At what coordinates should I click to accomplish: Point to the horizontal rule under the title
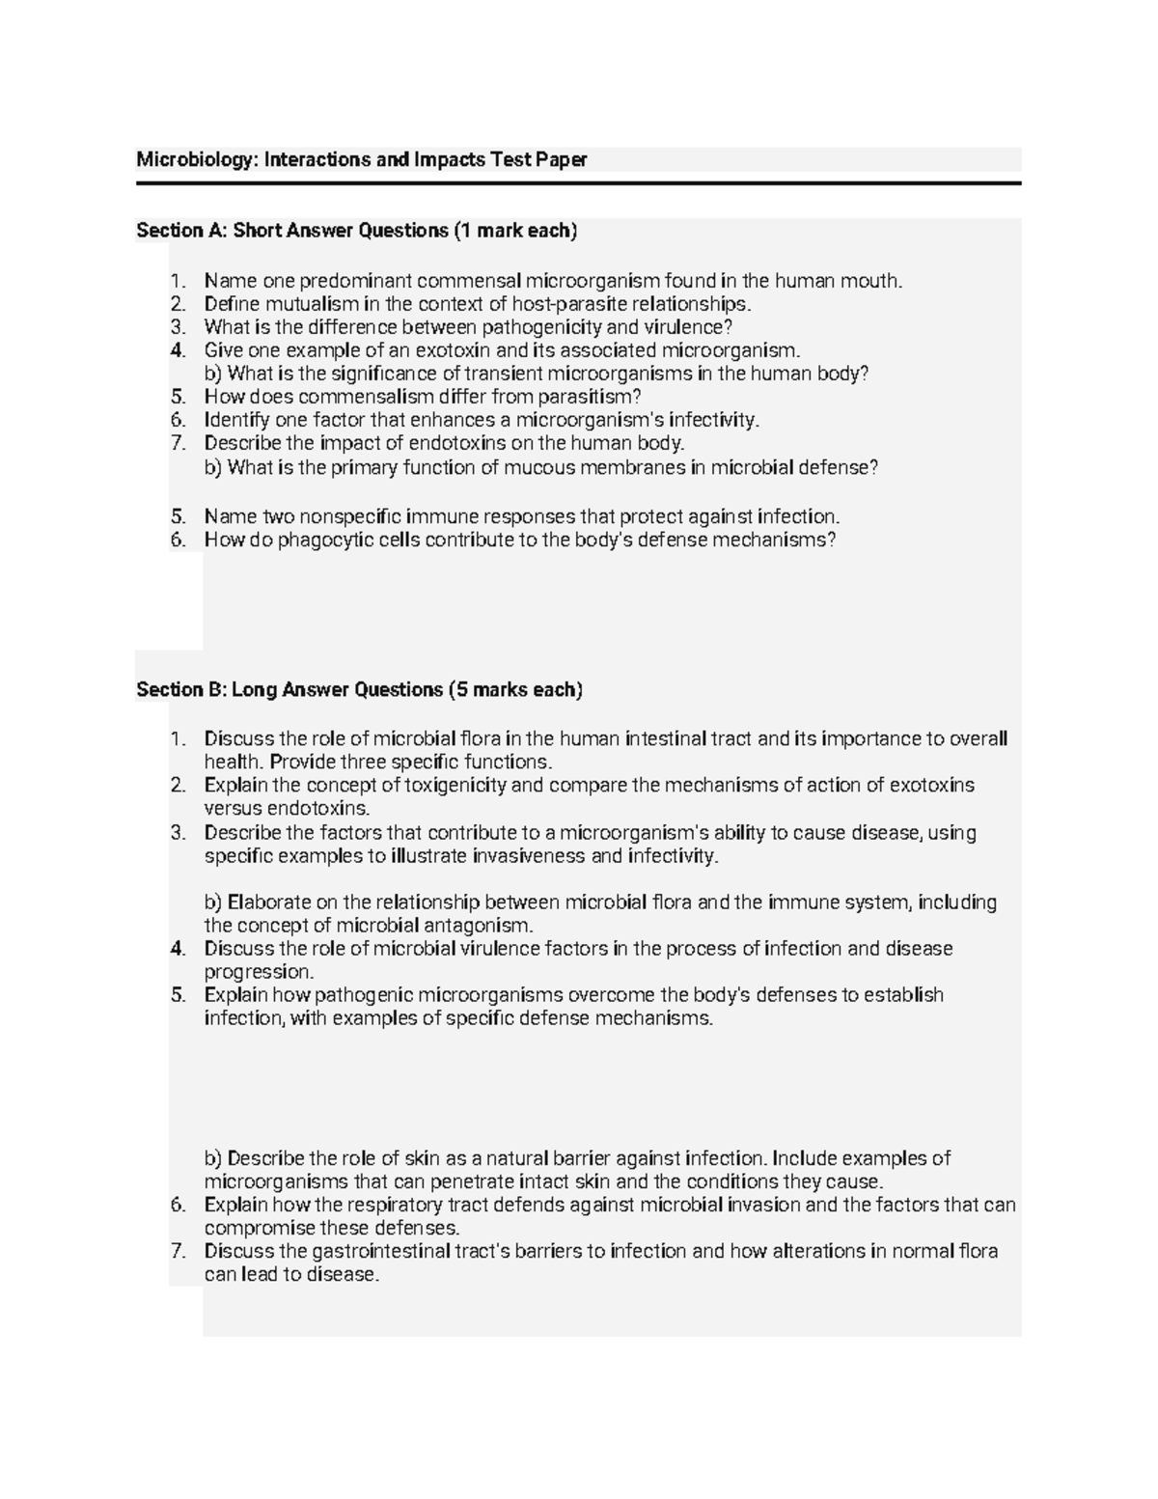pos(578,182)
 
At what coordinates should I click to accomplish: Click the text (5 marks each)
pos(515,690)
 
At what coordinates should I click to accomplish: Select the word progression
pos(259,972)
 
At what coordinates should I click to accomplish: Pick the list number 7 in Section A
pos(177,443)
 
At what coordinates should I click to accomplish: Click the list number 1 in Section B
pos(177,739)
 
